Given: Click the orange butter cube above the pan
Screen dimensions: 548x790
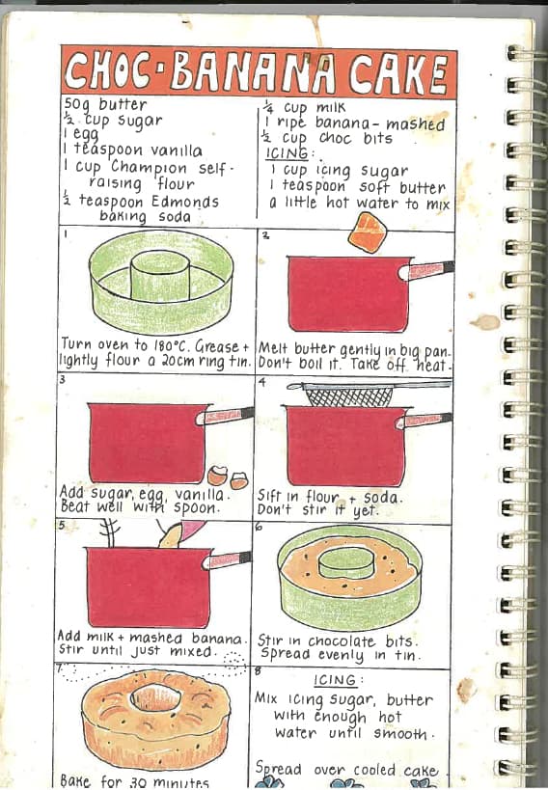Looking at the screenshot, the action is tap(367, 232).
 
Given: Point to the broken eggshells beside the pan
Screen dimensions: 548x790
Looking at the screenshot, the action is tap(229, 477).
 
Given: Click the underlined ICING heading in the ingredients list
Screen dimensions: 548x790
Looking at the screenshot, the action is tap(287, 153).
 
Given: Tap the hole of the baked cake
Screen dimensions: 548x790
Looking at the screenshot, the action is tap(155, 696).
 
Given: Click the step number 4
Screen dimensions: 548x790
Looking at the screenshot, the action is tap(261, 382).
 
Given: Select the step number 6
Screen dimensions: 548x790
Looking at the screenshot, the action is tap(259, 527).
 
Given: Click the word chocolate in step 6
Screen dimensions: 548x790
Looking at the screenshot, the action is tap(342, 640).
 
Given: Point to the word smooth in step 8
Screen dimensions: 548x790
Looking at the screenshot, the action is tap(400, 733).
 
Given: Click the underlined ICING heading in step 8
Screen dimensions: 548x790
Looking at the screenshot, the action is tap(335, 680).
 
